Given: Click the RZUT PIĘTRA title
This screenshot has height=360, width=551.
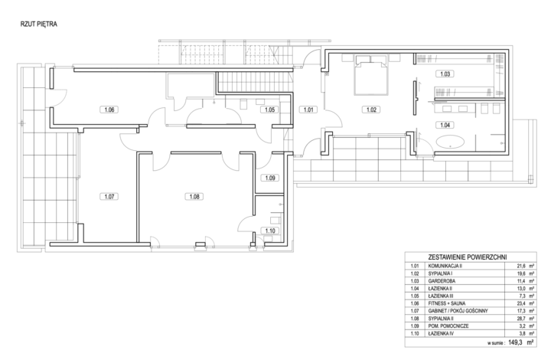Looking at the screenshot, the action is tap(39, 25).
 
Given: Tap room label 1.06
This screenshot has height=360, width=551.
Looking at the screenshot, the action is tap(109, 110).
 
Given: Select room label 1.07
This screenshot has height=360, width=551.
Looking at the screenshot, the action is tap(109, 197).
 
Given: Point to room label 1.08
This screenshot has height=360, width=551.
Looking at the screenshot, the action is tap(194, 197).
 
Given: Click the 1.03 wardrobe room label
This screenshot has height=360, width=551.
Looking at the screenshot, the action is tap(445, 74).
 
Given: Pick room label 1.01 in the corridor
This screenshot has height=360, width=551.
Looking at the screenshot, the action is tap(308, 110).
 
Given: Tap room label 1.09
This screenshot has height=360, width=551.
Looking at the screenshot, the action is tap(270, 178).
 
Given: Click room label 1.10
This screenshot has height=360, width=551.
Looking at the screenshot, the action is tap(270, 231).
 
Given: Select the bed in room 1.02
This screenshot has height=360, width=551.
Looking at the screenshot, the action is tap(371, 74).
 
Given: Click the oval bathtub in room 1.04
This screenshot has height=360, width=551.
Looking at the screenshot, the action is tap(450, 142).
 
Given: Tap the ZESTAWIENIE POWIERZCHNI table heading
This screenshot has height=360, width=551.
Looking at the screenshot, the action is tap(468, 257).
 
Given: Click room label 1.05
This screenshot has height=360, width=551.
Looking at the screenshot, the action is tap(269, 110).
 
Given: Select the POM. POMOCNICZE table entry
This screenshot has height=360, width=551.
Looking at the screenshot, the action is tap(448, 326).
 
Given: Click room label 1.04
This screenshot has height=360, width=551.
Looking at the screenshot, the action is tap(445, 125).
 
